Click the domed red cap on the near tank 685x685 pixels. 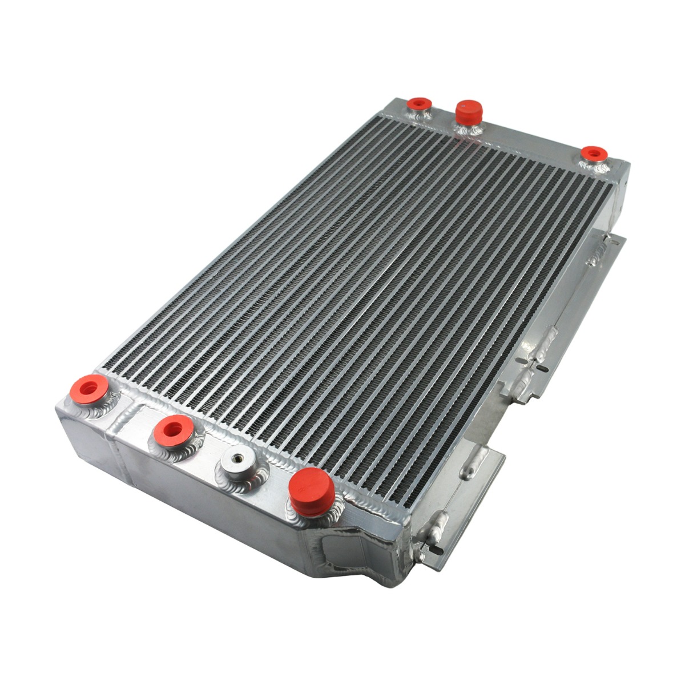311,488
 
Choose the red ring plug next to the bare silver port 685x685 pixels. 172,429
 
